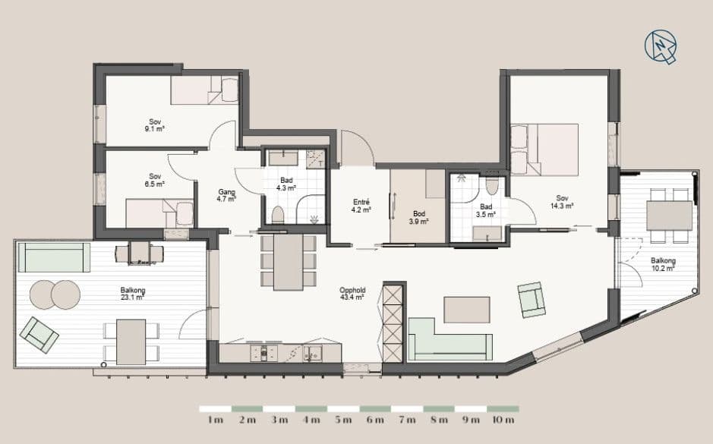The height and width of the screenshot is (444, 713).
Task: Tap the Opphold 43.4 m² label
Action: [352, 294]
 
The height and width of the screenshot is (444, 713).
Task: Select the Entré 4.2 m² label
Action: [361, 206]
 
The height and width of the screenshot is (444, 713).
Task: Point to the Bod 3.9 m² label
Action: [419, 218]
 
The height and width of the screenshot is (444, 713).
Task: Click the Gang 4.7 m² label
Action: [226, 195]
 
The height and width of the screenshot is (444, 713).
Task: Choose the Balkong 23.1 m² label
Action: [133, 294]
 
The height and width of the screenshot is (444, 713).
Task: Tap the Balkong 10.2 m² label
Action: [663, 264]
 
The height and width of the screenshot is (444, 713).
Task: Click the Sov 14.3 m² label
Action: [562, 202]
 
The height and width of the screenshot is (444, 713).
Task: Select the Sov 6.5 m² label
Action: [155, 180]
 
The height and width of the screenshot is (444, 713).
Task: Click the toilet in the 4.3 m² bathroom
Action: [277, 215]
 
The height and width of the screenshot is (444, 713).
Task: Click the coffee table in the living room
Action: [467, 310]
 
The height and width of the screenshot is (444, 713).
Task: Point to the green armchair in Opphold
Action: [532, 300]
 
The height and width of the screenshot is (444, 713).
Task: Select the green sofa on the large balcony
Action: [54, 257]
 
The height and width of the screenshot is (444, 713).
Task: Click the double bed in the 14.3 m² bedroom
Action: [544, 150]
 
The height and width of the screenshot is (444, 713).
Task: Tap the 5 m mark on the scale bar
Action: [343, 420]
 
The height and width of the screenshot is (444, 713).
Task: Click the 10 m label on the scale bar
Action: [503, 420]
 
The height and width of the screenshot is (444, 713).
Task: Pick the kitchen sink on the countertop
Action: [314, 353]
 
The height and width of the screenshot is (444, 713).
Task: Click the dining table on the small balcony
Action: [670, 216]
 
